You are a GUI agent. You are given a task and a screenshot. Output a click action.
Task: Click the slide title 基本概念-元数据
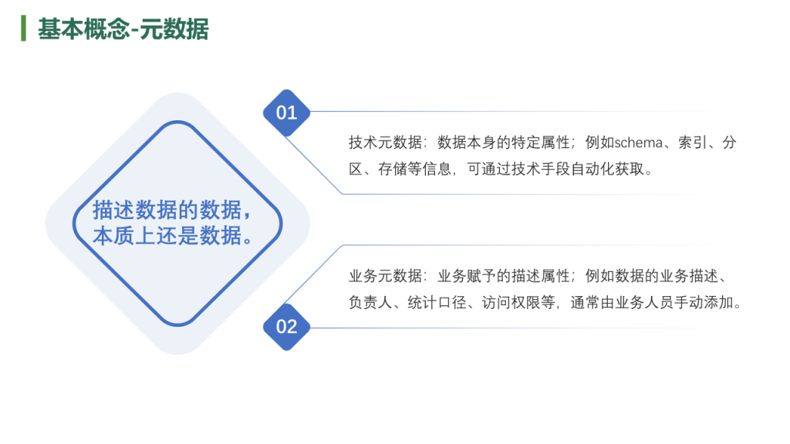click(123, 29)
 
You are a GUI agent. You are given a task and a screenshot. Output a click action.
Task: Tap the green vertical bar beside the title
click(23, 29)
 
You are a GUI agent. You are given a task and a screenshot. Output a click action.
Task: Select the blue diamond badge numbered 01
click(287, 113)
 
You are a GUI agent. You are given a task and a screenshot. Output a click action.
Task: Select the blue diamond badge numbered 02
click(287, 327)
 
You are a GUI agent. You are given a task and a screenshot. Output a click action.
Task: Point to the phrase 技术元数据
click(386, 143)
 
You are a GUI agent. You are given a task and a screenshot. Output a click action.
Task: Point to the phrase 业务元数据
click(386, 276)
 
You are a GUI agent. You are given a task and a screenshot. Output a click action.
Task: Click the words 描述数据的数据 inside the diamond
click(167, 210)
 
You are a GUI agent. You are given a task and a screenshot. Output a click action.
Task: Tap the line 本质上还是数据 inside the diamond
click(167, 235)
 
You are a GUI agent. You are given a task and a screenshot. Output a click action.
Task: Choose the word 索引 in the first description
click(693, 143)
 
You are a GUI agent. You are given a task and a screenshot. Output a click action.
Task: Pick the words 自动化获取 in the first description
click(608, 169)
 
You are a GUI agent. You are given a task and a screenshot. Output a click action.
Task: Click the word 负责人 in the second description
click(370, 302)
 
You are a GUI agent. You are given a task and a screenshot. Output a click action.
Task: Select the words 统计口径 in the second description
click(437, 302)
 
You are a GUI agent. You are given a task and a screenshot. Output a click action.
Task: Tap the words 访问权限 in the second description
click(511, 302)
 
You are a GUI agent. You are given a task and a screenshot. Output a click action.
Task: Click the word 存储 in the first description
click(393, 169)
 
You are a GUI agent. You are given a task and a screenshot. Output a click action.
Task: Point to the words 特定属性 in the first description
click(541, 143)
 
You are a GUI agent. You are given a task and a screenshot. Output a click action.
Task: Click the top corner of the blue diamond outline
click(178, 122)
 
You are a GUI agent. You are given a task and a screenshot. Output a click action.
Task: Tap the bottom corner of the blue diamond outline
click(178, 325)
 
